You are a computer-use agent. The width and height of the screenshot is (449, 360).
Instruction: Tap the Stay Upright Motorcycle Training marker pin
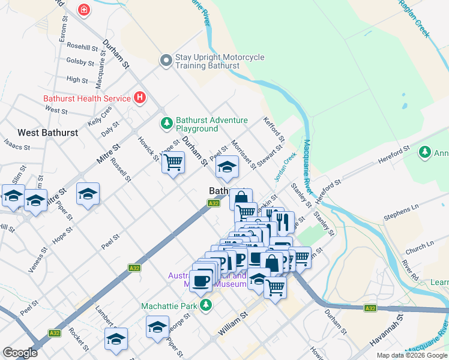(x=166, y=60)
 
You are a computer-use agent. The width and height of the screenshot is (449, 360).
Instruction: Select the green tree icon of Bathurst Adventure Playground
(x=166, y=124)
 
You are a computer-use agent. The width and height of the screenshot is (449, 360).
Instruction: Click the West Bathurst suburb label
(x=47, y=132)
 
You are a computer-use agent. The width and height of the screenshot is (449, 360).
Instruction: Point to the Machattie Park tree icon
(x=206, y=305)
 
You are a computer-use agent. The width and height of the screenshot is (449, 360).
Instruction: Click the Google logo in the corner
(x=20, y=352)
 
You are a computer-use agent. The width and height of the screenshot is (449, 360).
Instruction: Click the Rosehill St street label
(x=82, y=46)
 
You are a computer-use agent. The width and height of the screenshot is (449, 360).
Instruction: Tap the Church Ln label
(x=418, y=246)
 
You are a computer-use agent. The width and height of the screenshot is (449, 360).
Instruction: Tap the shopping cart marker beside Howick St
(x=173, y=161)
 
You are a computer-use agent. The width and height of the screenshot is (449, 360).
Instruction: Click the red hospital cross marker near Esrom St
(x=84, y=10)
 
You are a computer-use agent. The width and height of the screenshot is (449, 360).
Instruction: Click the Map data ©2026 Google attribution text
(x=412, y=355)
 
